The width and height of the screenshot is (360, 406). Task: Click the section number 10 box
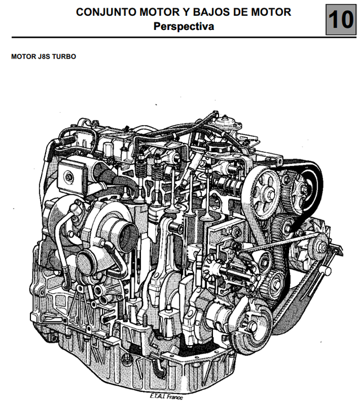tap(341, 19)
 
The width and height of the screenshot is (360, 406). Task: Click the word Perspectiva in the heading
tap(184, 27)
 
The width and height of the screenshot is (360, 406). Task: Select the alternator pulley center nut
tap(322, 248)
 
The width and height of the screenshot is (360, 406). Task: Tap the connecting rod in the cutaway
tap(163, 259)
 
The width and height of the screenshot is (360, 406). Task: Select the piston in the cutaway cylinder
tap(155, 214)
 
